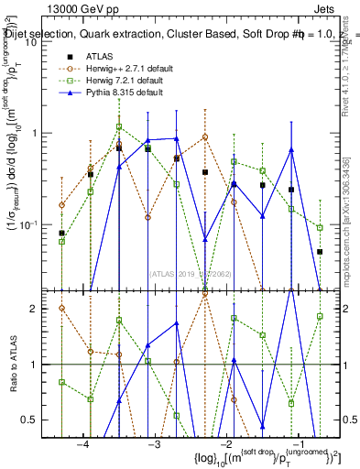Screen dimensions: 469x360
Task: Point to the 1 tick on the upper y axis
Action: point(38,134)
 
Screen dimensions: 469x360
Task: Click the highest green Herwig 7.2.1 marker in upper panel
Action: point(119,127)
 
